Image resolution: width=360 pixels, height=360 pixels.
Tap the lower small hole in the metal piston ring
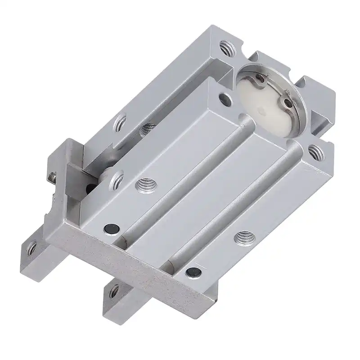pyautogui.click(x=288, y=103)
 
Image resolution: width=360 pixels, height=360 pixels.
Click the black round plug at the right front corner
pyautogui.click(x=193, y=272)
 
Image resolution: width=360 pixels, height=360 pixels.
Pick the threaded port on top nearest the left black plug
pyautogui.click(x=145, y=184)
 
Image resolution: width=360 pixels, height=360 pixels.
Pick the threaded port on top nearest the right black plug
pyautogui.click(x=244, y=236)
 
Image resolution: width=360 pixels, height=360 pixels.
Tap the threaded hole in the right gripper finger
pyautogui.click(x=114, y=291)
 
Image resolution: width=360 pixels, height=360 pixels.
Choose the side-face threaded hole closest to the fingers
pyautogui.click(x=118, y=180)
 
